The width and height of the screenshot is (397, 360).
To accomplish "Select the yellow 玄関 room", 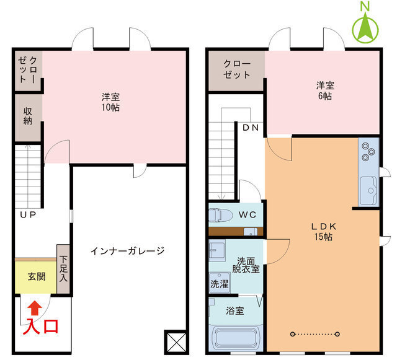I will (x=36, y=277).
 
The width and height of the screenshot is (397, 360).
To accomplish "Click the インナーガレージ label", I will (x=127, y=251).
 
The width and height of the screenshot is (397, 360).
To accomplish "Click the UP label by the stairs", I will (x=27, y=216).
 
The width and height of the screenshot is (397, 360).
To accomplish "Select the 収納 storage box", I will (x=28, y=116).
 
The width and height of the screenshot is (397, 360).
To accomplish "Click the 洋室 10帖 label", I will (x=112, y=102).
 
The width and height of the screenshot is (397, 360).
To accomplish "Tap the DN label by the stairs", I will (x=251, y=128).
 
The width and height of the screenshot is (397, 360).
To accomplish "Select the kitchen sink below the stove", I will (x=368, y=187).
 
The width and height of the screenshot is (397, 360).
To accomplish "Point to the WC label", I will (x=247, y=215).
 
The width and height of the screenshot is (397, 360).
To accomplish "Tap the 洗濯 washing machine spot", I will (x=219, y=284).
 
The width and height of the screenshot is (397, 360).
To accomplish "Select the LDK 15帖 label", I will (x=323, y=231).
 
